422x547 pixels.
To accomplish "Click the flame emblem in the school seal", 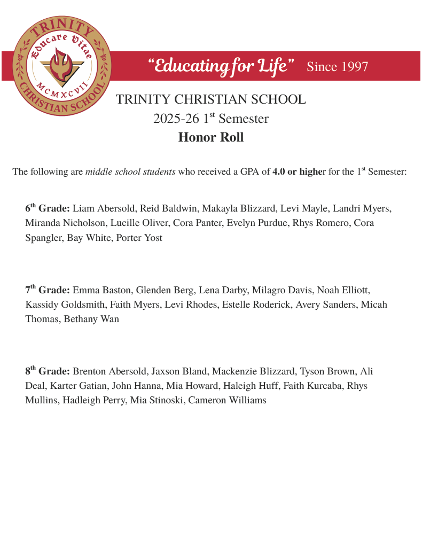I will click(61, 63).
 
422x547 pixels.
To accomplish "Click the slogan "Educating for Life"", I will click(221, 66).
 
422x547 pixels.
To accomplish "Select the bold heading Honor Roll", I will click(210, 137).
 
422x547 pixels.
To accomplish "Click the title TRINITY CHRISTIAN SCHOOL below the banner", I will click(210, 99).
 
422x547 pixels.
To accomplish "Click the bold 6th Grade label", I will click(48, 208).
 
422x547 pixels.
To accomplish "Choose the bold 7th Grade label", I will click(48, 290).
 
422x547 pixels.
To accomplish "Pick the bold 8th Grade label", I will click(48, 371).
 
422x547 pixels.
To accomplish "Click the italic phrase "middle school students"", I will click(130, 172).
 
